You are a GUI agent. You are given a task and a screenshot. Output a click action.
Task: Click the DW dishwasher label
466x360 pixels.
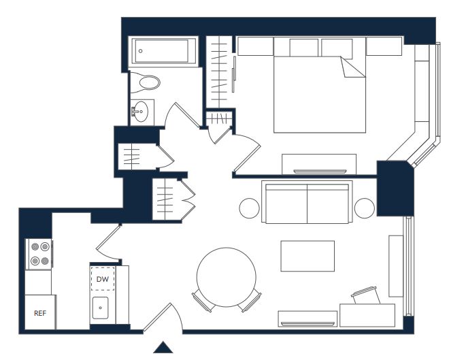click(x=103, y=279)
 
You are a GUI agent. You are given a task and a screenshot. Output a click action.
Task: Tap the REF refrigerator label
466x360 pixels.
click(x=40, y=313)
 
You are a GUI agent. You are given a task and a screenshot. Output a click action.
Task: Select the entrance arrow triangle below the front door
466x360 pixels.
click(x=163, y=347)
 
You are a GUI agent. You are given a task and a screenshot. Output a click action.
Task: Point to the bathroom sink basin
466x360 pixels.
click(x=140, y=111)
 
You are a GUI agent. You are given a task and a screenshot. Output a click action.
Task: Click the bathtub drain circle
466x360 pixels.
click(x=141, y=51)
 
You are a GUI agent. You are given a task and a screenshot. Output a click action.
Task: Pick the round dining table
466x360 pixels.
click(x=226, y=277)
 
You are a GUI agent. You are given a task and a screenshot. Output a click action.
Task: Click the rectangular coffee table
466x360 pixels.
click(x=307, y=256)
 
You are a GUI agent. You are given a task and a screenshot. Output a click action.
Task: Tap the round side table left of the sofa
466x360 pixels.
click(x=250, y=208)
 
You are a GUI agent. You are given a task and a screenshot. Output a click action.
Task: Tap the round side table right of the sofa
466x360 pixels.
click(x=365, y=208)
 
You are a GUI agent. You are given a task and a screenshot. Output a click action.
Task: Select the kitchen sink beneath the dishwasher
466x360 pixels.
click(x=100, y=308)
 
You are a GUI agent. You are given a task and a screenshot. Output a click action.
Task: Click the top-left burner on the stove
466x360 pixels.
click(x=35, y=246)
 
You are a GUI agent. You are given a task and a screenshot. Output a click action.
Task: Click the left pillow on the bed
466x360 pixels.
click(x=303, y=48)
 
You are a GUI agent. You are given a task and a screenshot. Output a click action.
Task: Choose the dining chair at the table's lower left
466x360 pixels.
click(x=203, y=301)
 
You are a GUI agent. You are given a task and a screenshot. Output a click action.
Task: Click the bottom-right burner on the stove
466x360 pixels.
click(x=45, y=261)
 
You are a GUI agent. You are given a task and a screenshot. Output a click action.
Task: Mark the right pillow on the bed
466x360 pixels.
click(x=337, y=48)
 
